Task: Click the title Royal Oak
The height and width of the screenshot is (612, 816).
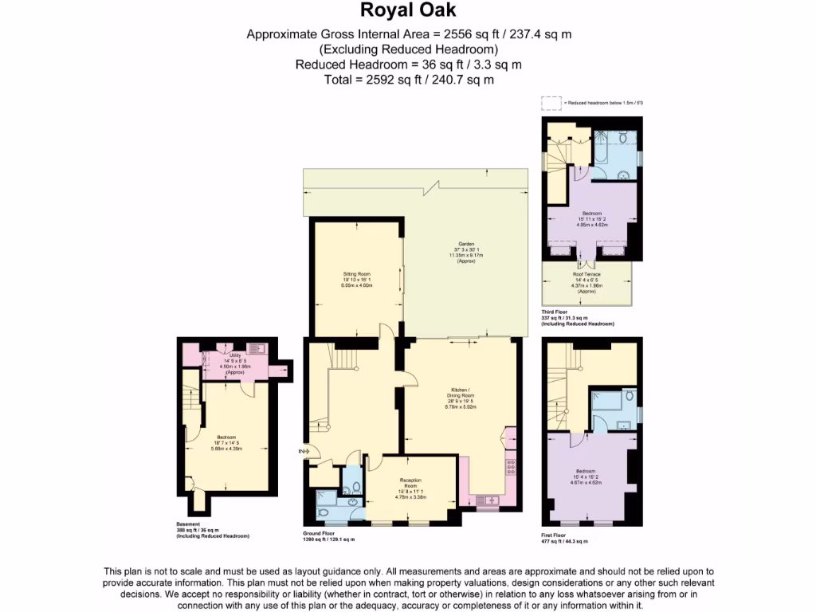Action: [408, 10]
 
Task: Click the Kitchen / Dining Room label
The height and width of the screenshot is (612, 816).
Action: [460, 398]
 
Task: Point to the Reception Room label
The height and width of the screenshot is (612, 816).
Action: [410, 485]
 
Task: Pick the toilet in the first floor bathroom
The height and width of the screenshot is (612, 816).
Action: [630, 396]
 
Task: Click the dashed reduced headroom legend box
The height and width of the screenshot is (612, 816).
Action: [551, 103]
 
